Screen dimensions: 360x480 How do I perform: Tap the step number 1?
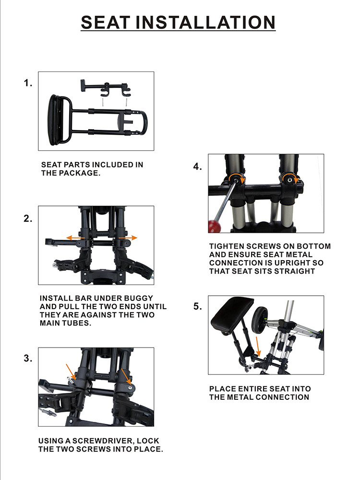[x=28, y=83]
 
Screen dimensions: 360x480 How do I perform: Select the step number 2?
[x=28, y=219]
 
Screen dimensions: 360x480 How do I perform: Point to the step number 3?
[x=28, y=359]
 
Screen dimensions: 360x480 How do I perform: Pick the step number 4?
[x=197, y=167]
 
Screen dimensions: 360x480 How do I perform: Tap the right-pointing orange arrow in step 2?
[x=130, y=238]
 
